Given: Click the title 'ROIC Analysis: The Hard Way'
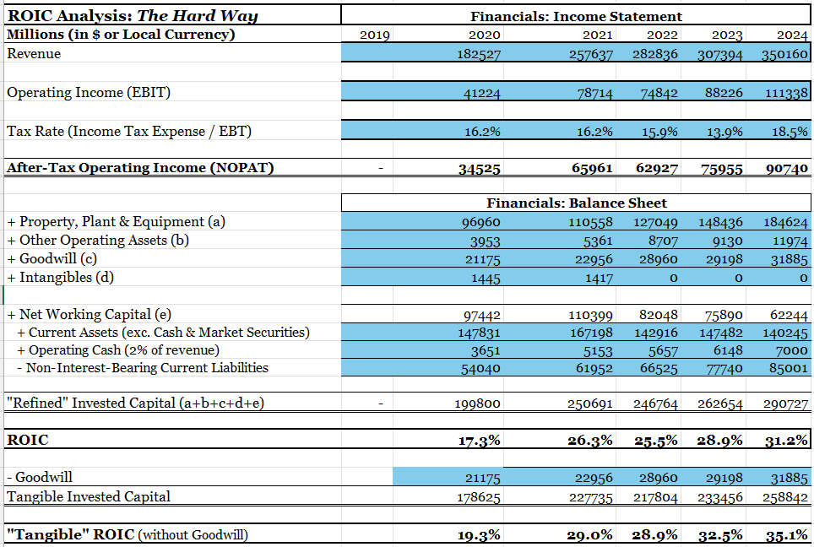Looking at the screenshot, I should click(133, 15).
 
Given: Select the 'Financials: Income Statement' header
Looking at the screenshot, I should click(576, 16).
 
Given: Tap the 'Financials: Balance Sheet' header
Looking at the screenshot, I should click(576, 203).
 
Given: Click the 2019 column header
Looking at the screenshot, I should click(375, 35).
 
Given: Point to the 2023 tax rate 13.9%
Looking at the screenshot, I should click(723, 132).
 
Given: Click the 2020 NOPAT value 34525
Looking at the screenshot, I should click(479, 169).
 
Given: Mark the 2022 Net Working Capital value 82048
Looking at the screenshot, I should click(656, 315).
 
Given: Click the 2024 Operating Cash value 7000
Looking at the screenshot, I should click(792, 350).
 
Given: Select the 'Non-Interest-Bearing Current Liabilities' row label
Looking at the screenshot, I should click(147, 368).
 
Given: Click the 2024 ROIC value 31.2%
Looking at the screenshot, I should click(787, 441).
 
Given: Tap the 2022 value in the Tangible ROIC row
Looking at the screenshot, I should click(654, 535).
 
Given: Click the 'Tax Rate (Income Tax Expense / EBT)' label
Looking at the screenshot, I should click(129, 131).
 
